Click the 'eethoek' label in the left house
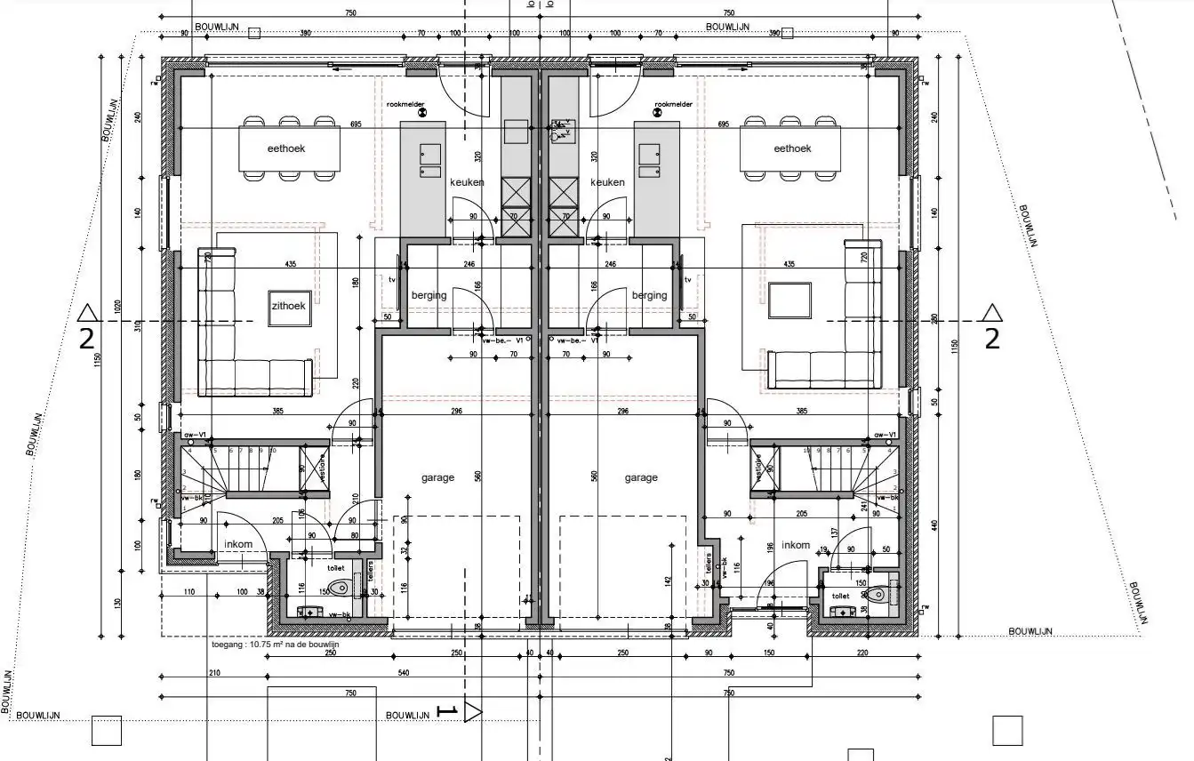286,148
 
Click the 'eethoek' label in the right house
793,148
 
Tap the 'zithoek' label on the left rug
289,306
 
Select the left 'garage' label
437,477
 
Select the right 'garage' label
641,477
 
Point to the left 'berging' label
429,295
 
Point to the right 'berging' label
649,295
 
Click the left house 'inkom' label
238,545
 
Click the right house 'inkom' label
796,545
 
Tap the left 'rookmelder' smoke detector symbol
422,113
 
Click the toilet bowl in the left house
340,587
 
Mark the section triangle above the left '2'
87,312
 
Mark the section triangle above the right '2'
992,312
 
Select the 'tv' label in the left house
391,279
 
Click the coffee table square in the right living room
790,300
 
